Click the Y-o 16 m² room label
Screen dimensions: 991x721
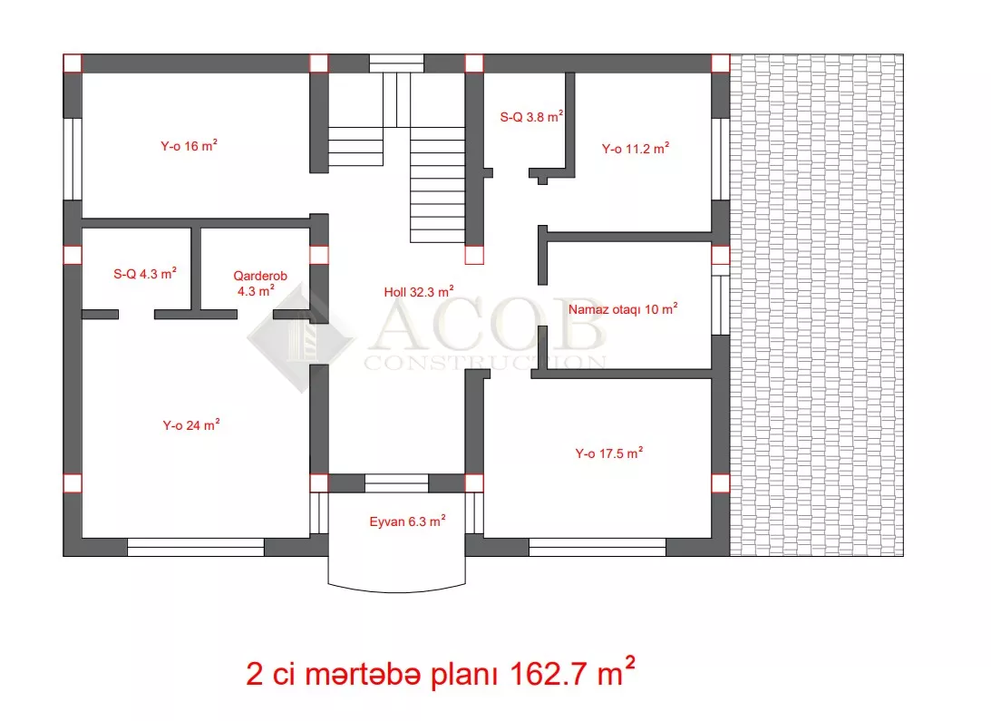point(189,145)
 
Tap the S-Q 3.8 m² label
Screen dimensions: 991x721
point(531,116)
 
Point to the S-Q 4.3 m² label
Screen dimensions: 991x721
point(145,273)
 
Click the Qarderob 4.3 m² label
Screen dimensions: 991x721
point(259,283)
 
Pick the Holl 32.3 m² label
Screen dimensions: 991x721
point(418,291)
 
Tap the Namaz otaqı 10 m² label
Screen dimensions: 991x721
point(623,308)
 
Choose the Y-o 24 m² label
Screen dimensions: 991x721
point(191,424)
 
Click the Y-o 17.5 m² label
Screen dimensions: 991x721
point(608,453)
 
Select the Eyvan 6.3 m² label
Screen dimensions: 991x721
point(407,521)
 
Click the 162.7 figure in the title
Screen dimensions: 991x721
point(549,674)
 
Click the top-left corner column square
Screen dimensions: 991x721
point(73,63)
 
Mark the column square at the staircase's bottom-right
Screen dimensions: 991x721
point(474,255)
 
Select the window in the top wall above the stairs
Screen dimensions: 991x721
point(396,63)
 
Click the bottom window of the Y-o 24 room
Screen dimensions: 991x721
point(195,547)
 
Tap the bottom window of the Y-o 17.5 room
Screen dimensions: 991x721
point(598,547)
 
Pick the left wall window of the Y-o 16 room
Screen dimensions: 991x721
point(73,159)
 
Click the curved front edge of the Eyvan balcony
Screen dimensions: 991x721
point(397,591)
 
